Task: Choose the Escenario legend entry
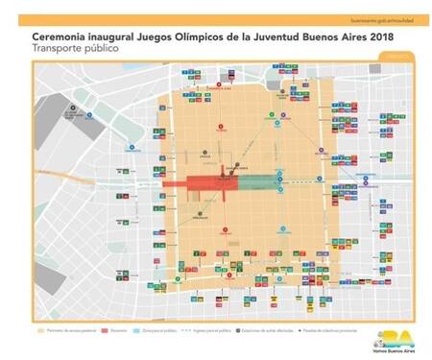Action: (134, 326)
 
